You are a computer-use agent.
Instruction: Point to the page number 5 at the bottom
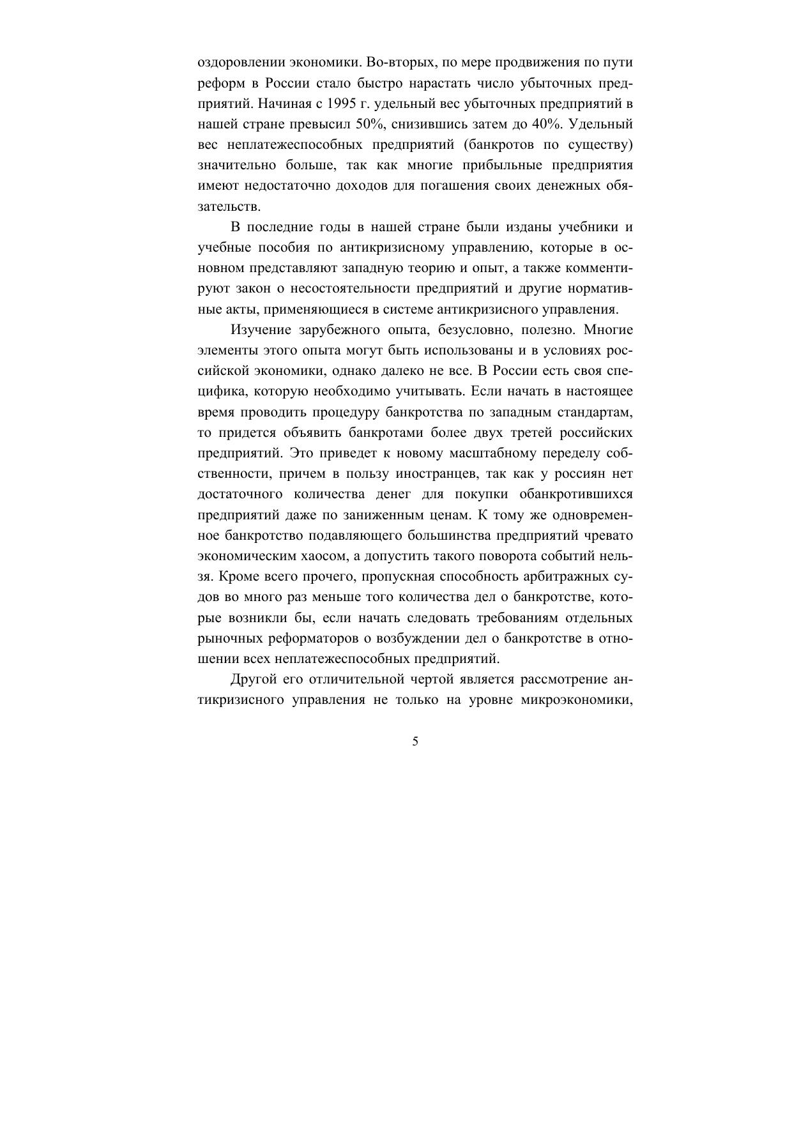[x=416, y=742]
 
